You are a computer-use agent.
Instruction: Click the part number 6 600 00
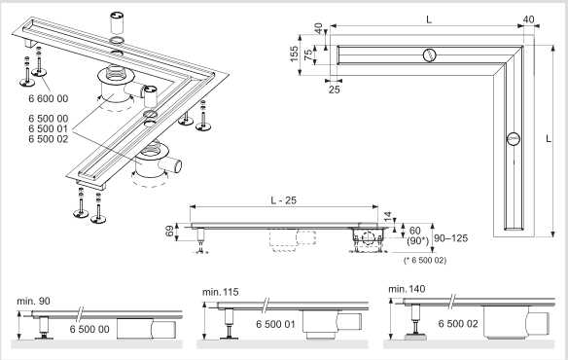49,98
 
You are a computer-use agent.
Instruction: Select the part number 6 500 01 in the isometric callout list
49,128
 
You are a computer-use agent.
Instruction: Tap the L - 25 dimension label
284,200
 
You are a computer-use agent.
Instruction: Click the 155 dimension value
295,54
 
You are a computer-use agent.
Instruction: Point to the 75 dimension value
307,54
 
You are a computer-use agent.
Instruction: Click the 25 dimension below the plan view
334,90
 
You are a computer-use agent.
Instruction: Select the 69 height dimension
170,232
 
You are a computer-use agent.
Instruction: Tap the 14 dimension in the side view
388,217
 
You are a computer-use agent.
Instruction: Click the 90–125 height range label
451,238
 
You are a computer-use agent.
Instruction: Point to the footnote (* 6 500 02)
425,261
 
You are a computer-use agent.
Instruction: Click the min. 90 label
33,302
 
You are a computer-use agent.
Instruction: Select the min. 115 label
221,292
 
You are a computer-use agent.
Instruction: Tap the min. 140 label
407,289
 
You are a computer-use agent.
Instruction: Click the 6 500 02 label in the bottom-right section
458,323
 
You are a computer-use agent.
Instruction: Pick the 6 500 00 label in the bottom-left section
89,329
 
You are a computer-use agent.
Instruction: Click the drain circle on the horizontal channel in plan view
429,55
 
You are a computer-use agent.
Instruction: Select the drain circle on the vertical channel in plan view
514,139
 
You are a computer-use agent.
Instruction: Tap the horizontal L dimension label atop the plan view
429,19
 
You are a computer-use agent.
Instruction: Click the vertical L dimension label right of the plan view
549,139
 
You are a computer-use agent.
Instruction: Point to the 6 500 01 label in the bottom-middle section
275,324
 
